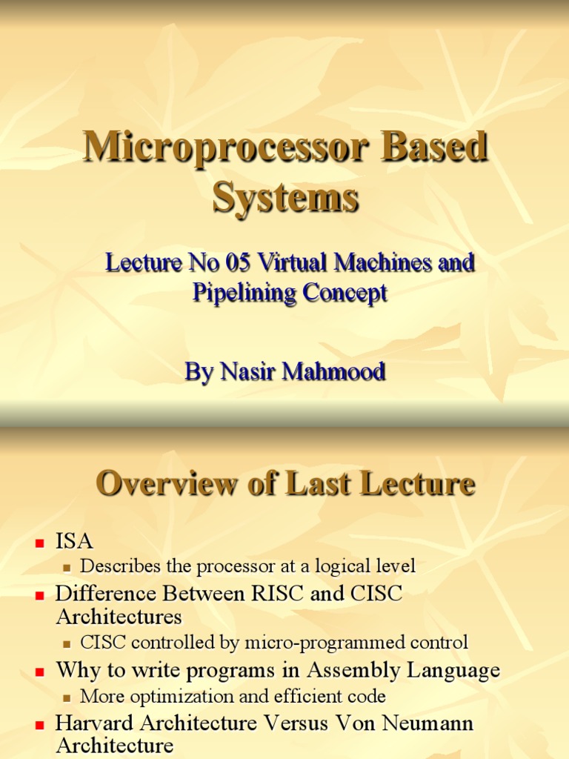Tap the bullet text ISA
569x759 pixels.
pos(75,542)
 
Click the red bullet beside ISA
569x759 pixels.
pos(41,543)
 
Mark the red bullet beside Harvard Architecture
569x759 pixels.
pos(41,724)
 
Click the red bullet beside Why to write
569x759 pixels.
pos(41,672)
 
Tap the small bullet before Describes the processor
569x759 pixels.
pos(67,568)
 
